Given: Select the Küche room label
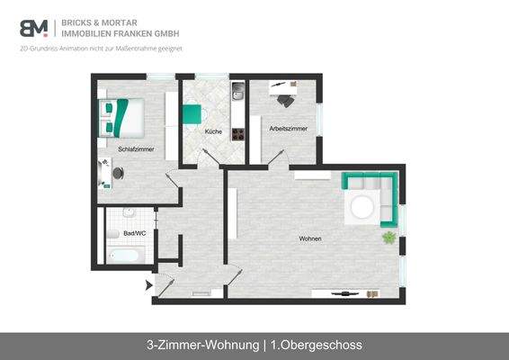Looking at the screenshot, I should tap(213, 132).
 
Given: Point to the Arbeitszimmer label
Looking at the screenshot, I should tap(288, 129).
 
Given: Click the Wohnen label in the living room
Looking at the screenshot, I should tap(310, 238).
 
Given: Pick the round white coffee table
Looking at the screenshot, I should tap(362, 207).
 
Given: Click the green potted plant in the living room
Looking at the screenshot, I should tap(389, 238).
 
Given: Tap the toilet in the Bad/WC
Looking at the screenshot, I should tap(112, 233).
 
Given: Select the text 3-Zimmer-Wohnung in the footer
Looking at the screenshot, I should tap(201, 345).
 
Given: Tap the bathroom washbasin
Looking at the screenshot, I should tap(129, 214).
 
